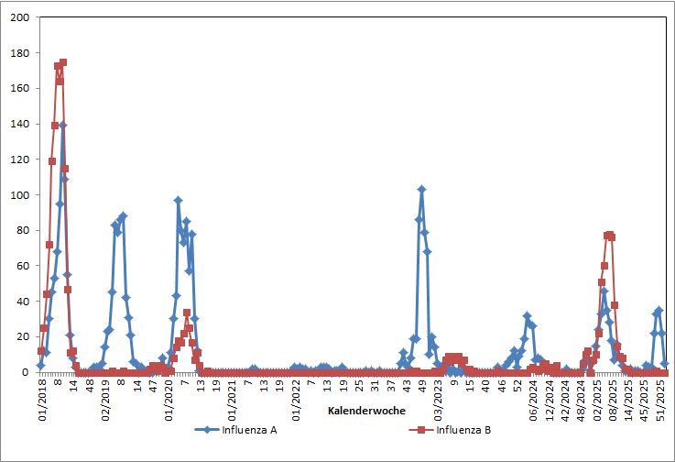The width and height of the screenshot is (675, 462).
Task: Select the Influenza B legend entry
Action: click(463, 428)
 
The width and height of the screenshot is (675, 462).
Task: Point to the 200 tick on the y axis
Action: click(18, 17)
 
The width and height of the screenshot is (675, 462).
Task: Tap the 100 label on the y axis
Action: click(18, 195)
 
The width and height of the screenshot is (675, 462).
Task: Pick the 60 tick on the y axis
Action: click(22, 266)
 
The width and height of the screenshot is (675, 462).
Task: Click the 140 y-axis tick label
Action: click(18, 124)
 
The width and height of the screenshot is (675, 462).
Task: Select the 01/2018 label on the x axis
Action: click(42, 398)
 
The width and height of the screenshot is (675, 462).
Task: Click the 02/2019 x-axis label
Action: click(105, 398)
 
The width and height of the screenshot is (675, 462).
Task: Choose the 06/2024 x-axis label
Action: click(533, 398)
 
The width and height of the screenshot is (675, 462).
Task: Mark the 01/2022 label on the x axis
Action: click(296, 398)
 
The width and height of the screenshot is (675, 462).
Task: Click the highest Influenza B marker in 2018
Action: click(62, 62)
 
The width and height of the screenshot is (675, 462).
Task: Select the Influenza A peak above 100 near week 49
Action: click(421, 189)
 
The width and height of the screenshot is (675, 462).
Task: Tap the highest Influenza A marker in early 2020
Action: click(179, 200)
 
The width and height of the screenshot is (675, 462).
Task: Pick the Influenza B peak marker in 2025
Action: click(609, 235)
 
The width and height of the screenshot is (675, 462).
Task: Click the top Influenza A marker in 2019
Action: click(123, 216)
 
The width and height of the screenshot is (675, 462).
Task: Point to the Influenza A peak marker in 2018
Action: click(62, 126)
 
